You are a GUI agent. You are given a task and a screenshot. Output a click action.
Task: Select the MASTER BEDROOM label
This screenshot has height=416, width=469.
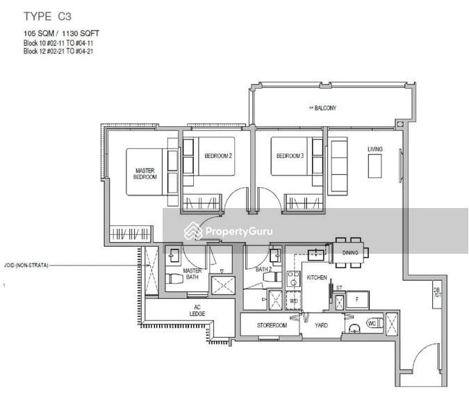145,173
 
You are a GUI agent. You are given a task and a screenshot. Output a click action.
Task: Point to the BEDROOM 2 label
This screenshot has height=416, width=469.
217,156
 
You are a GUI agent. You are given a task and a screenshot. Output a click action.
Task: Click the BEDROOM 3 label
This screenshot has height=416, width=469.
290,156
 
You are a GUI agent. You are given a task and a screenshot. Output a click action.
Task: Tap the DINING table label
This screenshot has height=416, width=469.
350,253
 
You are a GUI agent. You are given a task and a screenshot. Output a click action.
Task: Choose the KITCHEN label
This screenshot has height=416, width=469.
317,277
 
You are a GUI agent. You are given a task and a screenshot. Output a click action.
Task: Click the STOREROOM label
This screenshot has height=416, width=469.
272,324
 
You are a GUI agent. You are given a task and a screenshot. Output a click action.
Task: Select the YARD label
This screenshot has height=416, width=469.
321,324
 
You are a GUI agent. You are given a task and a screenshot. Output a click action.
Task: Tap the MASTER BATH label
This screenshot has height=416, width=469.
192,275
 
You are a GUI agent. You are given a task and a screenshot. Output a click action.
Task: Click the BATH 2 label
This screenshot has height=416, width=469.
263,269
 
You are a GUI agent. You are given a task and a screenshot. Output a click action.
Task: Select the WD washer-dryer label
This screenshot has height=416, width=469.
293,302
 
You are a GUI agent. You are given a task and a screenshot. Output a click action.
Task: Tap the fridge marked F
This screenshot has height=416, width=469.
357,300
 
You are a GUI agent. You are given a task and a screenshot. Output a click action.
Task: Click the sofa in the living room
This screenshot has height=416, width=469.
338,166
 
